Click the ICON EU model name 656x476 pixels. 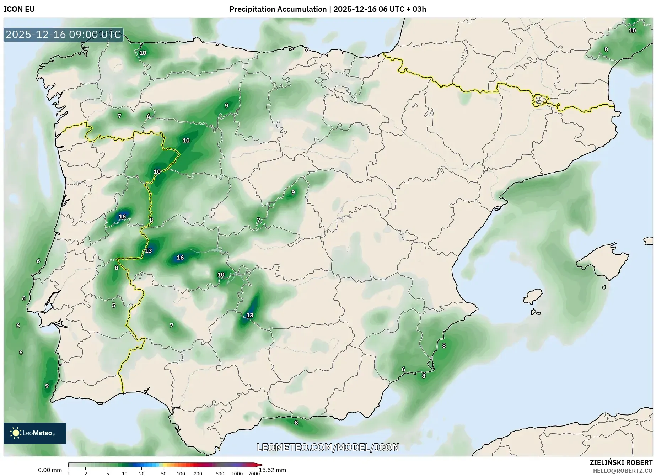point(19,9)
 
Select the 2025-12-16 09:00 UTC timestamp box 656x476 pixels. point(63,35)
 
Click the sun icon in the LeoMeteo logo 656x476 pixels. point(16,433)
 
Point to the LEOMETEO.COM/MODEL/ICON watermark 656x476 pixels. point(328,447)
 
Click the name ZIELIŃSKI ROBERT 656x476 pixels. point(621,462)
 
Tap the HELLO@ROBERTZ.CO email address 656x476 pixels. point(623,471)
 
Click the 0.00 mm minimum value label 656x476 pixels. point(50,470)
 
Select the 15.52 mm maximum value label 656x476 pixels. point(273,470)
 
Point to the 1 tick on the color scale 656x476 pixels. point(69,474)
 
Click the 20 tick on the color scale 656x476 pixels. point(141,474)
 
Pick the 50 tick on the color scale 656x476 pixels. point(163,474)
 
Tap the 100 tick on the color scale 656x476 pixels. point(181,474)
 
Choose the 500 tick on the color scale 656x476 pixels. point(220,474)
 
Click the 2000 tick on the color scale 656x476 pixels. point(254,474)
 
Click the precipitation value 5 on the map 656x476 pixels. point(114,305)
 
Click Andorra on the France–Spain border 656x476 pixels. point(539,100)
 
